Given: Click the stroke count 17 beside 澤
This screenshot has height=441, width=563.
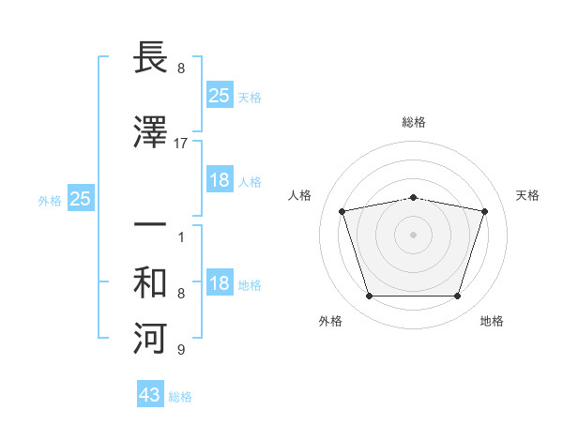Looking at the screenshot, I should (x=181, y=144).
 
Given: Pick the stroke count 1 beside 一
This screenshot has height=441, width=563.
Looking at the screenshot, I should (x=181, y=237).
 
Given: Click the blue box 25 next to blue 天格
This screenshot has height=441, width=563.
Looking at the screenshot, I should (x=220, y=96).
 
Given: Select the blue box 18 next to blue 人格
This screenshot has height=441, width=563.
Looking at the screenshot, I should (x=220, y=180).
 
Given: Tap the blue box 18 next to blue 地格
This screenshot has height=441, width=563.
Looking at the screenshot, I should (x=220, y=284).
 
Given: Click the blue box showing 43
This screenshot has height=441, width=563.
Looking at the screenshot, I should (x=150, y=395).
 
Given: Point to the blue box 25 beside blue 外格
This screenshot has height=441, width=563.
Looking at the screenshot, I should (x=80, y=199).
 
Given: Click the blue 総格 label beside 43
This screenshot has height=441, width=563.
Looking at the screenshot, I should (x=180, y=397).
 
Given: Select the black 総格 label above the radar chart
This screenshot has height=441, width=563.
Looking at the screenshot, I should (x=414, y=122).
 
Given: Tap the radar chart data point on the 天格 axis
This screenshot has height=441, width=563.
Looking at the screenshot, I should (x=484, y=211).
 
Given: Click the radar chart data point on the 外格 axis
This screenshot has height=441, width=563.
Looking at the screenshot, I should (x=369, y=297).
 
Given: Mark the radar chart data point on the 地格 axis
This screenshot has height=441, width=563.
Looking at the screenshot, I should (x=457, y=297).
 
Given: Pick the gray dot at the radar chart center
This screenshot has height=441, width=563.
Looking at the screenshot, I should (x=413, y=235).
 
